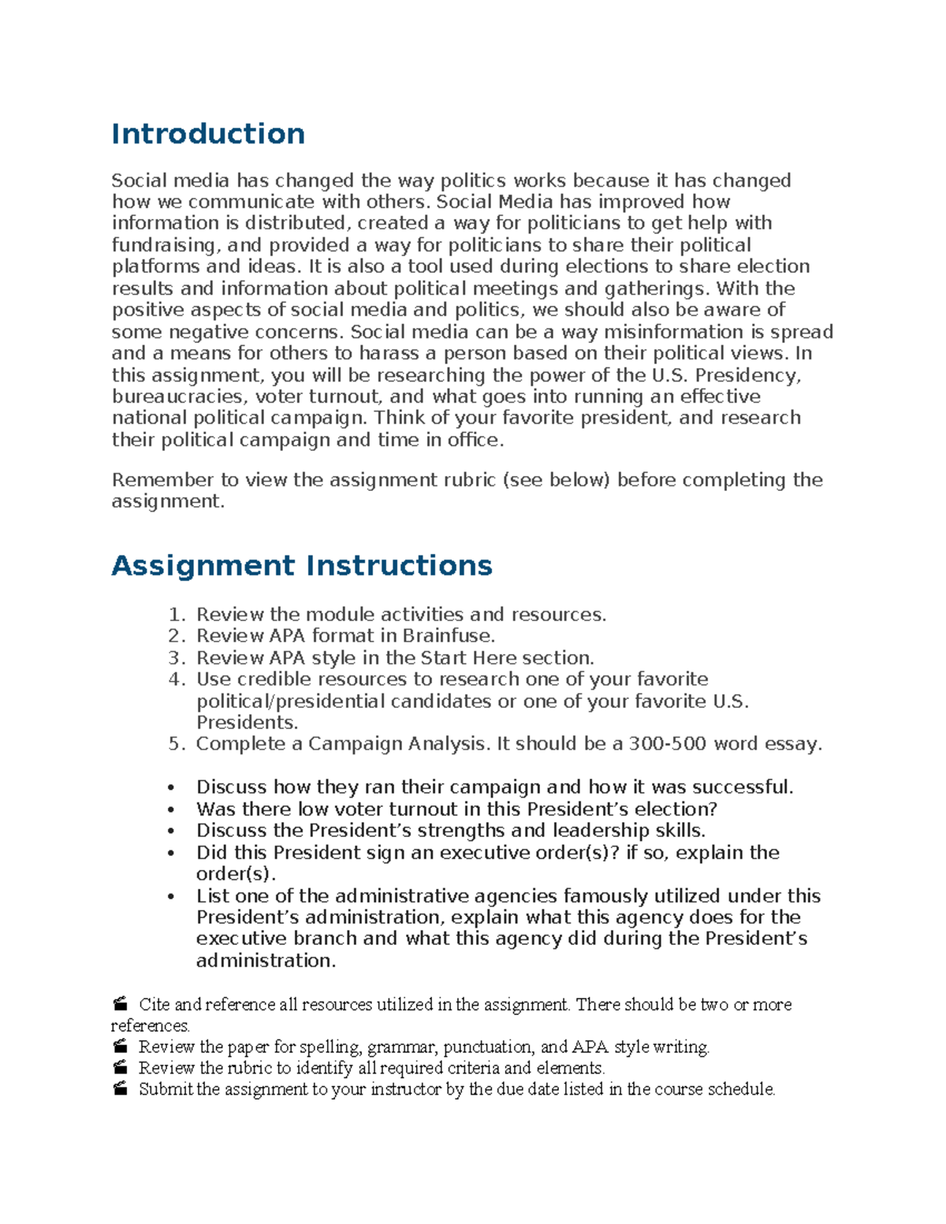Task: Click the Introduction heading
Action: tap(208, 134)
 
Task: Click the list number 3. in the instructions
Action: tap(177, 658)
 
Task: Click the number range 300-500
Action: tap(667, 744)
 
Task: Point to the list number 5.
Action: tap(177, 744)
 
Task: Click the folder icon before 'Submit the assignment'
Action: tap(120, 1089)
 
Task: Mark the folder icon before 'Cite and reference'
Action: tap(120, 1004)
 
